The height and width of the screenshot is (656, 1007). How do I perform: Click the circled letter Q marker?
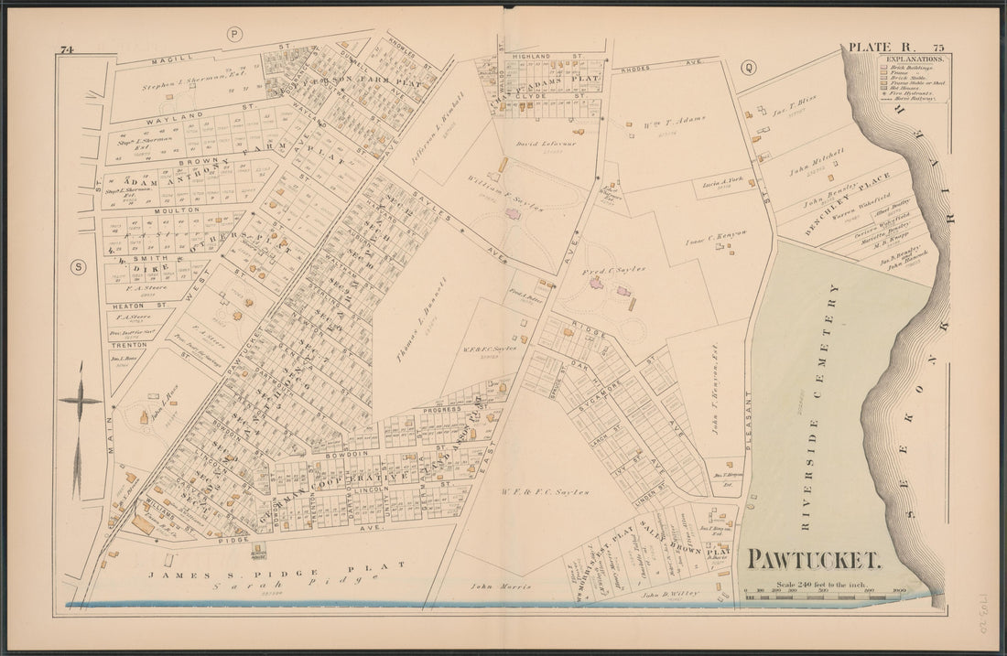(748, 66)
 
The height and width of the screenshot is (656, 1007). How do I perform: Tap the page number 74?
(65, 48)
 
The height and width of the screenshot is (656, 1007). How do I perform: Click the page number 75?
(938, 47)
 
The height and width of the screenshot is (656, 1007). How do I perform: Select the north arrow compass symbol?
(81, 403)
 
